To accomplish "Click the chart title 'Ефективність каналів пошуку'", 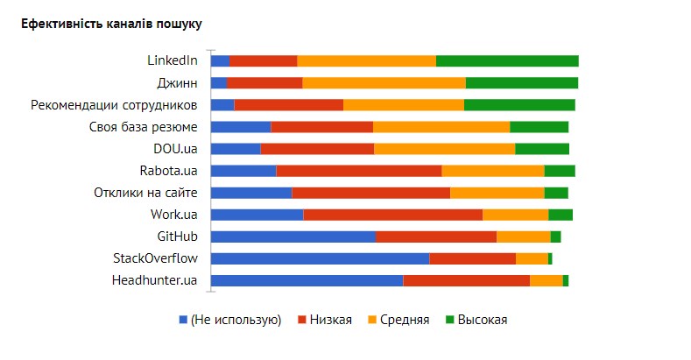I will [x=111, y=24].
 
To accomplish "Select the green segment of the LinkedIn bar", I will [x=507, y=60].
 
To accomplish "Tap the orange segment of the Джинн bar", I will [x=384, y=83].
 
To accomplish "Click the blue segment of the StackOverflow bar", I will [x=320, y=258].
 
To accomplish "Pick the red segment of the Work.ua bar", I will [x=392, y=215].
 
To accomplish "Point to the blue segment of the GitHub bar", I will [x=293, y=236].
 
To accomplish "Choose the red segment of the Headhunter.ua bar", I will [x=466, y=280].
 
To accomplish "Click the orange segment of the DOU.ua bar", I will [x=444, y=149].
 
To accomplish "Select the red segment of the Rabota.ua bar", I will [x=358, y=171].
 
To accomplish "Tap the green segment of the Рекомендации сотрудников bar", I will [x=519, y=105].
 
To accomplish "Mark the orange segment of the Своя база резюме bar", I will [x=441, y=127].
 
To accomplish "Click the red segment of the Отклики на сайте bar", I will [x=370, y=193].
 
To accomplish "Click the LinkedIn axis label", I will [x=172, y=60].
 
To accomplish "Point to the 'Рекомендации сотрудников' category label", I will [x=114, y=105].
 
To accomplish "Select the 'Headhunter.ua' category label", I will [x=154, y=280].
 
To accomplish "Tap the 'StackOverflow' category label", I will [x=155, y=258].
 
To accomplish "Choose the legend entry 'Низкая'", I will [x=330, y=320].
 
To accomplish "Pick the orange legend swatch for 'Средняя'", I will [x=371, y=320].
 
